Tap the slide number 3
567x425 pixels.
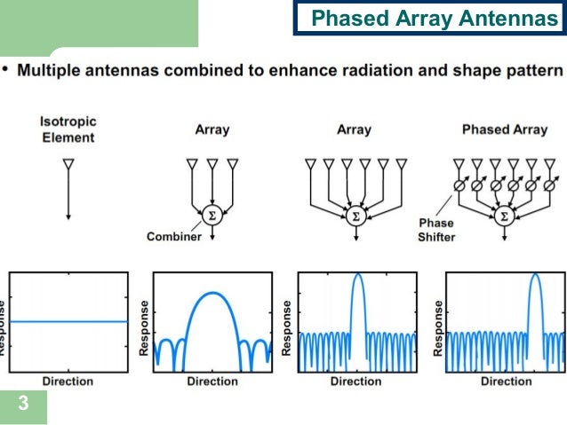[x=23, y=405]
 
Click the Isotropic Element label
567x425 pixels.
[x=68, y=130]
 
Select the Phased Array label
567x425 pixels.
[x=505, y=130]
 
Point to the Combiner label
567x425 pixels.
[x=174, y=237]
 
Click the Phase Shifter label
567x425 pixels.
[x=436, y=230]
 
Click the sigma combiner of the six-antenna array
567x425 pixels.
[x=356, y=216]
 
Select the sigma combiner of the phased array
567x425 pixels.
[x=504, y=216]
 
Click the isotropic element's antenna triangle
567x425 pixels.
[x=68, y=165]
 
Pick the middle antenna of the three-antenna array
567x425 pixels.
[x=212, y=165]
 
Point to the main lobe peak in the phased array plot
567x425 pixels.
[x=535, y=275]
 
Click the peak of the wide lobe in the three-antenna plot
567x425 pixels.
[x=212, y=294]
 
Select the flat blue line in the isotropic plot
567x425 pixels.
[x=68, y=321]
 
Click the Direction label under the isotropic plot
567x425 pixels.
[x=68, y=381]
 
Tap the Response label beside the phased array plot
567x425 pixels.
[x=438, y=327]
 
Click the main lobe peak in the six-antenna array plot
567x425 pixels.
[x=358, y=275]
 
